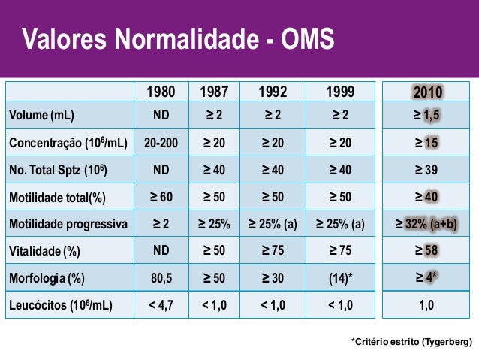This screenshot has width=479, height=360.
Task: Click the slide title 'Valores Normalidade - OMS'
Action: tap(177, 39)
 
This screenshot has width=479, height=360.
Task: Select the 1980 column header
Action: tap(161, 92)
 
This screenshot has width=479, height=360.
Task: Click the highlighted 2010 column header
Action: tap(427, 92)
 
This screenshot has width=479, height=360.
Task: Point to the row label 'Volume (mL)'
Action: tap(42, 116)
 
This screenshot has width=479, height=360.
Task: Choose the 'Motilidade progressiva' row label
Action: tap(68, 224)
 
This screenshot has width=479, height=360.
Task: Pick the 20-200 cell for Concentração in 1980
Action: tap(161, 143)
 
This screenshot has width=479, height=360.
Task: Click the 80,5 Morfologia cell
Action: tap(161, 278)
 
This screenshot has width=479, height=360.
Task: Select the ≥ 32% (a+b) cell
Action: tap(426, 224)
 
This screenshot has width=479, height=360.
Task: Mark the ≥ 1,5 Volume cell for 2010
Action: tap(426, 116)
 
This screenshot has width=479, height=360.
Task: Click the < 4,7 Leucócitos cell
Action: tap(161, 305)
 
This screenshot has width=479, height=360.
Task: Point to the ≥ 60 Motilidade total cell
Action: tap(161, 197)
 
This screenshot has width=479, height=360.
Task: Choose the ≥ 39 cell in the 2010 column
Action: tap(426, 170)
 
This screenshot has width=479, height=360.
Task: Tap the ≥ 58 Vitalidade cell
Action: tap(426, 251)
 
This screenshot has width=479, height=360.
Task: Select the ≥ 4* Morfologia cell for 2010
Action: tap(426, 278)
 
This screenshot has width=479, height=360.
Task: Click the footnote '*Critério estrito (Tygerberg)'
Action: tap(411, 342)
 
